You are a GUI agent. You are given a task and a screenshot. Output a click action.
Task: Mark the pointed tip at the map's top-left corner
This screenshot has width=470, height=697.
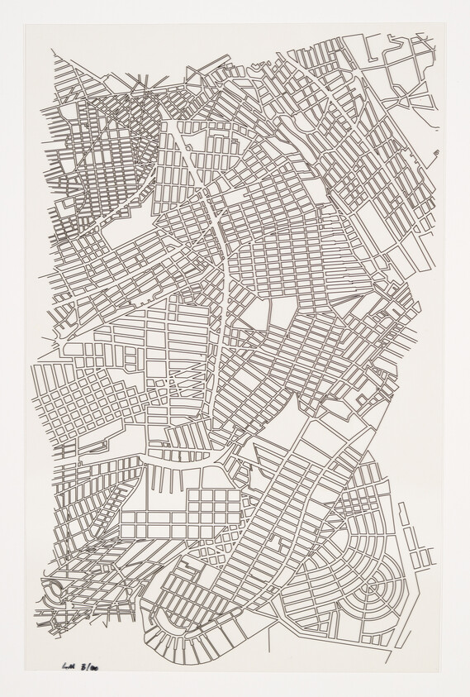(x=52, y=51)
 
